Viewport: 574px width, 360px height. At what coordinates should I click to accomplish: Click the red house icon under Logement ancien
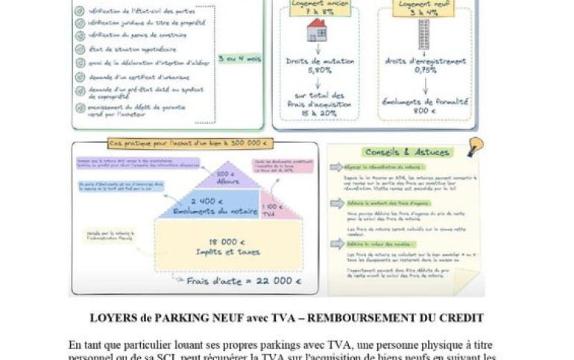[316, 31]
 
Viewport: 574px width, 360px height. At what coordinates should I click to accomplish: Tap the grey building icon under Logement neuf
[423, 34]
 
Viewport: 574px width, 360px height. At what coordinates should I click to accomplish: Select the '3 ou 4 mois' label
[239, 57]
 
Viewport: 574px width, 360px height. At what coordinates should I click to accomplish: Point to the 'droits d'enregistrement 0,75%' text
[425, 66]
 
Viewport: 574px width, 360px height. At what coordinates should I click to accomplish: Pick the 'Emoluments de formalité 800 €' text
[425, 105]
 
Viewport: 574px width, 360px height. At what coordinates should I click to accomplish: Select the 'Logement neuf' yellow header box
[423, 7]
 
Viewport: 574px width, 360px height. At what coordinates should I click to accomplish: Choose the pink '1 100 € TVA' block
[271, 209]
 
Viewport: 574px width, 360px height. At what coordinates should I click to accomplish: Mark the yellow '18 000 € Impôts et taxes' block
[227, 247]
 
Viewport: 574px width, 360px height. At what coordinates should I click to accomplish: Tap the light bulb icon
[475, 145]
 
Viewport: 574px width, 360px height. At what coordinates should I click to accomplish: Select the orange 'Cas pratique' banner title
[190, 143]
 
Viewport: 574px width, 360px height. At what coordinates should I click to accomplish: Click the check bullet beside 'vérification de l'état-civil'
[80, 13]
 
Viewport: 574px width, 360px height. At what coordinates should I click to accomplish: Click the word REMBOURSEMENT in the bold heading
[376, 318]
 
